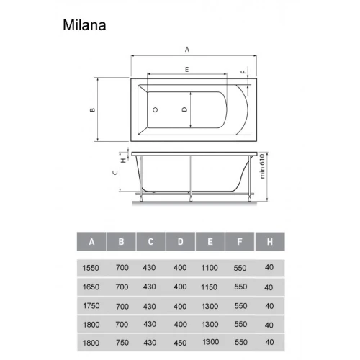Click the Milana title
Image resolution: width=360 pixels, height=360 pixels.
point(84,25)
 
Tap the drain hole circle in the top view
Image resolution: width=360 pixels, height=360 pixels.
point(156,110)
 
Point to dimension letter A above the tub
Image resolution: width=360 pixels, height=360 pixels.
point(187,50)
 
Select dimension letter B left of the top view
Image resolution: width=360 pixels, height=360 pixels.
point(92,110)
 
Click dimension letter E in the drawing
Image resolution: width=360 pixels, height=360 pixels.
point(187,70)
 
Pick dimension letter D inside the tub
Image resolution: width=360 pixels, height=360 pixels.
point(184,109)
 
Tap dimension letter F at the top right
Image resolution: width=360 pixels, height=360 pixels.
point(244,72)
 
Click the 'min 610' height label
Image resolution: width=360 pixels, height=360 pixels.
point(262,166)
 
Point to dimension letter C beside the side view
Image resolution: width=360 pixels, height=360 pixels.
point(115,172)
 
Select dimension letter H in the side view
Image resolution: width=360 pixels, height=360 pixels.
point(124,160)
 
